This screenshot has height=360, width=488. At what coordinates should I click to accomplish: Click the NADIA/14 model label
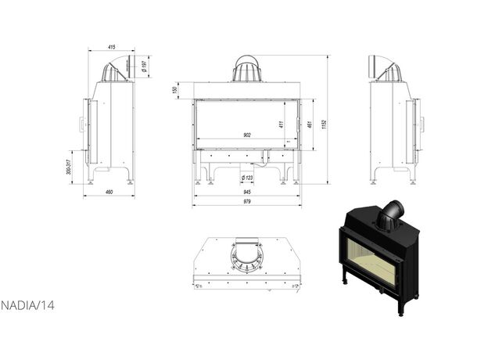(x=27, y=305)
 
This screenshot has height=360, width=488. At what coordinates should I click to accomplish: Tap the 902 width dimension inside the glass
(x=247, y=135)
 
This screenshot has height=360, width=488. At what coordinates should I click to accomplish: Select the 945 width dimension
(x=247, y=191)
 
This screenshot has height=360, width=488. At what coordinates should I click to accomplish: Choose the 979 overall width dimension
(x=247, y=202)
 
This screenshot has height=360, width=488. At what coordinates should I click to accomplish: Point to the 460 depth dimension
(x=109, y=193)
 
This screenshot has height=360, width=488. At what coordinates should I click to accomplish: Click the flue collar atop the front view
(x=247, y=69)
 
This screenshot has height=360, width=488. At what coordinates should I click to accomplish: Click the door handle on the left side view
(x=81, y=124)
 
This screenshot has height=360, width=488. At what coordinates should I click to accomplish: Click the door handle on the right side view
(x=422, y=123)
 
